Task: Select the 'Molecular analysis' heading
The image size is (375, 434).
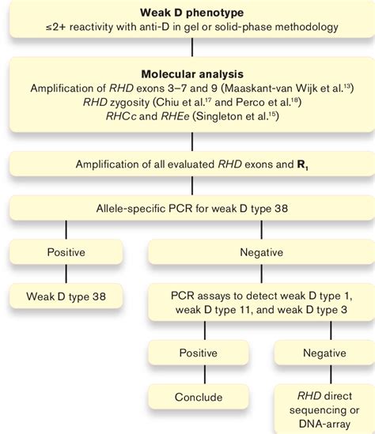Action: (187, 71)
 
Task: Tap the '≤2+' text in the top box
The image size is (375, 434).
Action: (58, 28)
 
